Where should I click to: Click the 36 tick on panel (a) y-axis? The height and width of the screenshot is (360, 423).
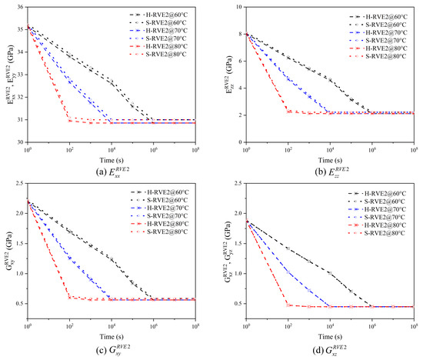(x=20, y=7)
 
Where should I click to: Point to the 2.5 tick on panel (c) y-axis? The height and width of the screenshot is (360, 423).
(x=19, y=185)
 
